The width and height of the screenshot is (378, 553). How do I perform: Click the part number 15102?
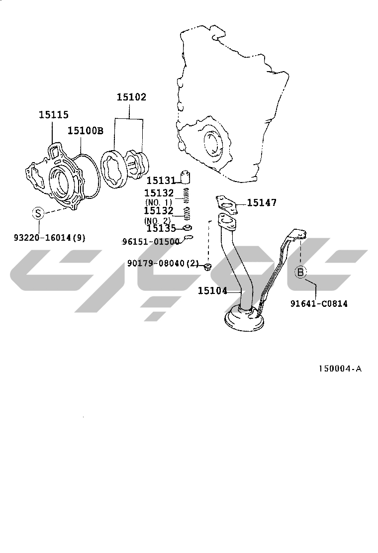[x=131, y=97]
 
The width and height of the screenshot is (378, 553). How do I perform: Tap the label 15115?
[x=54, y=114]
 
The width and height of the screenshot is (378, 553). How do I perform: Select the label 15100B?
[x=86, y=130]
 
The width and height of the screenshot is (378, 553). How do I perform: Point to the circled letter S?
[x=38, y=213]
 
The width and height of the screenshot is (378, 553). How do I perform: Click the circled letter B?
[x=300, y=272]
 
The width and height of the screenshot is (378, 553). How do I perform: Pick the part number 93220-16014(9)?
[x=50, y=238]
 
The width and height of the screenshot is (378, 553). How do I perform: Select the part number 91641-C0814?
[x=319, y=303]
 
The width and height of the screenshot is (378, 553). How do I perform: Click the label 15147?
[x=262, y=202]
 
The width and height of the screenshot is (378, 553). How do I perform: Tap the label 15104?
[x=212, y=290]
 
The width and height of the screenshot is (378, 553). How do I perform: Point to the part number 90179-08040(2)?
[x=163, y=263]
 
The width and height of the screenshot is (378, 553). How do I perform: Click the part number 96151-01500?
[x=151, y=242]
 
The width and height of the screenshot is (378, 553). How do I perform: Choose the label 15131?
[x=161, y=181]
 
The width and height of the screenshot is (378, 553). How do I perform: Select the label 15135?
[x=161, y=229]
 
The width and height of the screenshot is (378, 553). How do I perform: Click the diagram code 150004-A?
[x=340, y=369]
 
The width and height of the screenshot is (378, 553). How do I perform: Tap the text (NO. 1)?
[x=158, y=202]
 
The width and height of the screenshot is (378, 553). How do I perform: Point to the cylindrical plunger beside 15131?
[x=186, y=178]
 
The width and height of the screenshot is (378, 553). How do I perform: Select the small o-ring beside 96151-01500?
[x=189, y=237]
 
